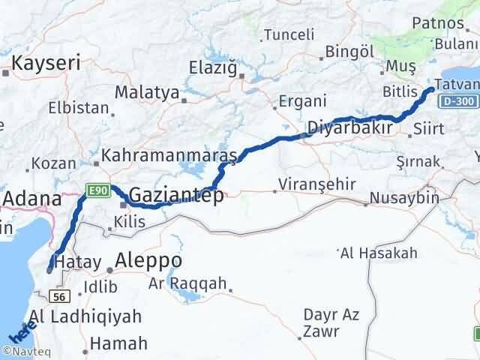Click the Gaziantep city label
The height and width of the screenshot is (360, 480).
coord(176,196)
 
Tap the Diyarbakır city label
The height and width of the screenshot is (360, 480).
coord(350,127)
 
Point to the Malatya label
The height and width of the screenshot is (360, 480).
coord(147,94)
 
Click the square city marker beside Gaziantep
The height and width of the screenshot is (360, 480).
coord(123,202)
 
